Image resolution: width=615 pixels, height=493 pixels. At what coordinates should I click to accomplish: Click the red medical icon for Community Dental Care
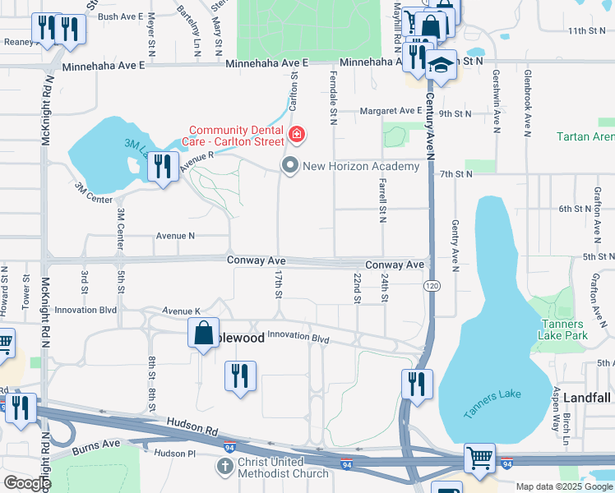click(x=295, y=134)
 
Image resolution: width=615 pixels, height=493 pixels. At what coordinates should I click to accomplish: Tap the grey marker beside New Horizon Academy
click(x=289, y=166)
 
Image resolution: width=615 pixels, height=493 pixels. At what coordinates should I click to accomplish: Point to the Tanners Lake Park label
click(x=562, y=329)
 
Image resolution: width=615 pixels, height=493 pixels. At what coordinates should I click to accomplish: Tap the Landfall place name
click(x=587, y=398)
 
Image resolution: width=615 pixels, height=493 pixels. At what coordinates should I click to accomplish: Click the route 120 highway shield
click(x=431, y=285)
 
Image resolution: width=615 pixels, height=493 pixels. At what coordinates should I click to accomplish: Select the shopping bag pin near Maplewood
click(x=203, y=334)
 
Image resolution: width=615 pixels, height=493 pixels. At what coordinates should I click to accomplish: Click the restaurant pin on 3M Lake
click(x=162, y=167)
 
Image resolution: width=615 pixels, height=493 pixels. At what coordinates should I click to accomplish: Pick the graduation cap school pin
click(x=442, y=66)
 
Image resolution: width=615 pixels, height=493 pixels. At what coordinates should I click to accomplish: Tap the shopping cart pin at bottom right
click(x=479, y=458)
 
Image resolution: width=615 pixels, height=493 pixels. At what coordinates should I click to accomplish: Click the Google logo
click(x=26, y=483)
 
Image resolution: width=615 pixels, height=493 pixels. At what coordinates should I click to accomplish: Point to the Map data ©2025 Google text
click(x=563, y=486)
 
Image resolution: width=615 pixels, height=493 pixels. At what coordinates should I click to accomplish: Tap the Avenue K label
click(x=181, y=311)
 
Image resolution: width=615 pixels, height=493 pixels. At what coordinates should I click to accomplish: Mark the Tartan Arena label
click(x=585, y=136)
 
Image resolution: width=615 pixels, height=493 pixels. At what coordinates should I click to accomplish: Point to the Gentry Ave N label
click(x=454, y=242)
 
